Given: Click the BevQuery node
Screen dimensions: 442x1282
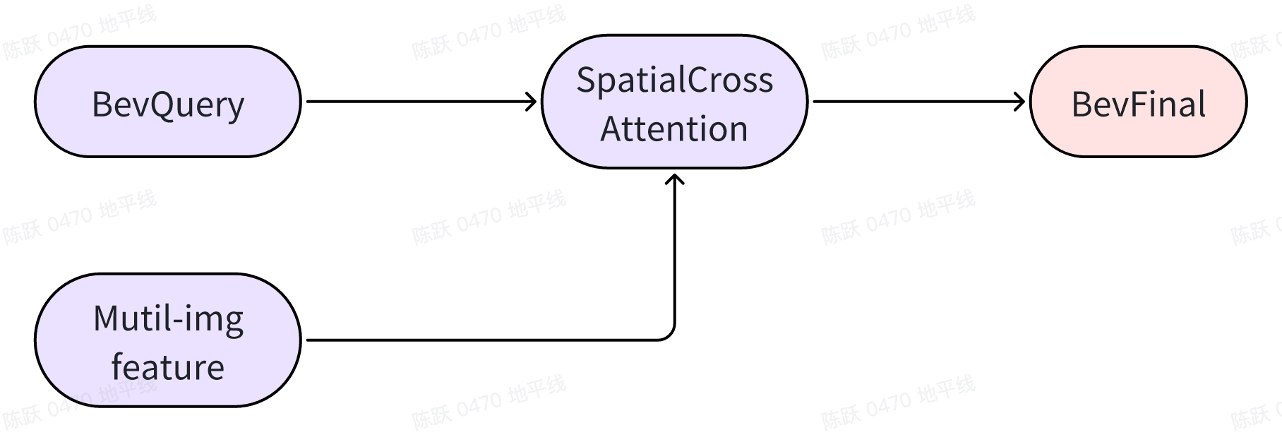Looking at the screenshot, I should pos(167,102).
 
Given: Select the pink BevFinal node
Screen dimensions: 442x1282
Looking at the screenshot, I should pos(1138,102).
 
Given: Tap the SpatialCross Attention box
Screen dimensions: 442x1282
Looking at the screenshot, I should pos(674,103).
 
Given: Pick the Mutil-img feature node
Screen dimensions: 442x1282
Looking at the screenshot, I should pos(167,340).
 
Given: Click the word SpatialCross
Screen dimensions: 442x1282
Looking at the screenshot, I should pos(674,80).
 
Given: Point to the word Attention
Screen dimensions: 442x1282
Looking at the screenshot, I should pos(674,129).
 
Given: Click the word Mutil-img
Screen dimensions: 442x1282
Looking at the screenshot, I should pos(168,318).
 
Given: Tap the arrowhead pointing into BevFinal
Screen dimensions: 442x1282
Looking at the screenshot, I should pos(1020,102).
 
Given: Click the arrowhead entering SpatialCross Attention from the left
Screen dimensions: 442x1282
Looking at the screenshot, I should pos(532,102).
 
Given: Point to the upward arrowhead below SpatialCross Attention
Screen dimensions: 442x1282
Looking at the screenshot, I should pos(675,179).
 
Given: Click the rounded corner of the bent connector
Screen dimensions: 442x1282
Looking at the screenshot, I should pos(669,335).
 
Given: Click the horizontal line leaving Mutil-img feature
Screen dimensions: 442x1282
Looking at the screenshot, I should pos(480,340).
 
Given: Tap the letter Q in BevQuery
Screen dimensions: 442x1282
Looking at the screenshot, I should pos(151,105).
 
